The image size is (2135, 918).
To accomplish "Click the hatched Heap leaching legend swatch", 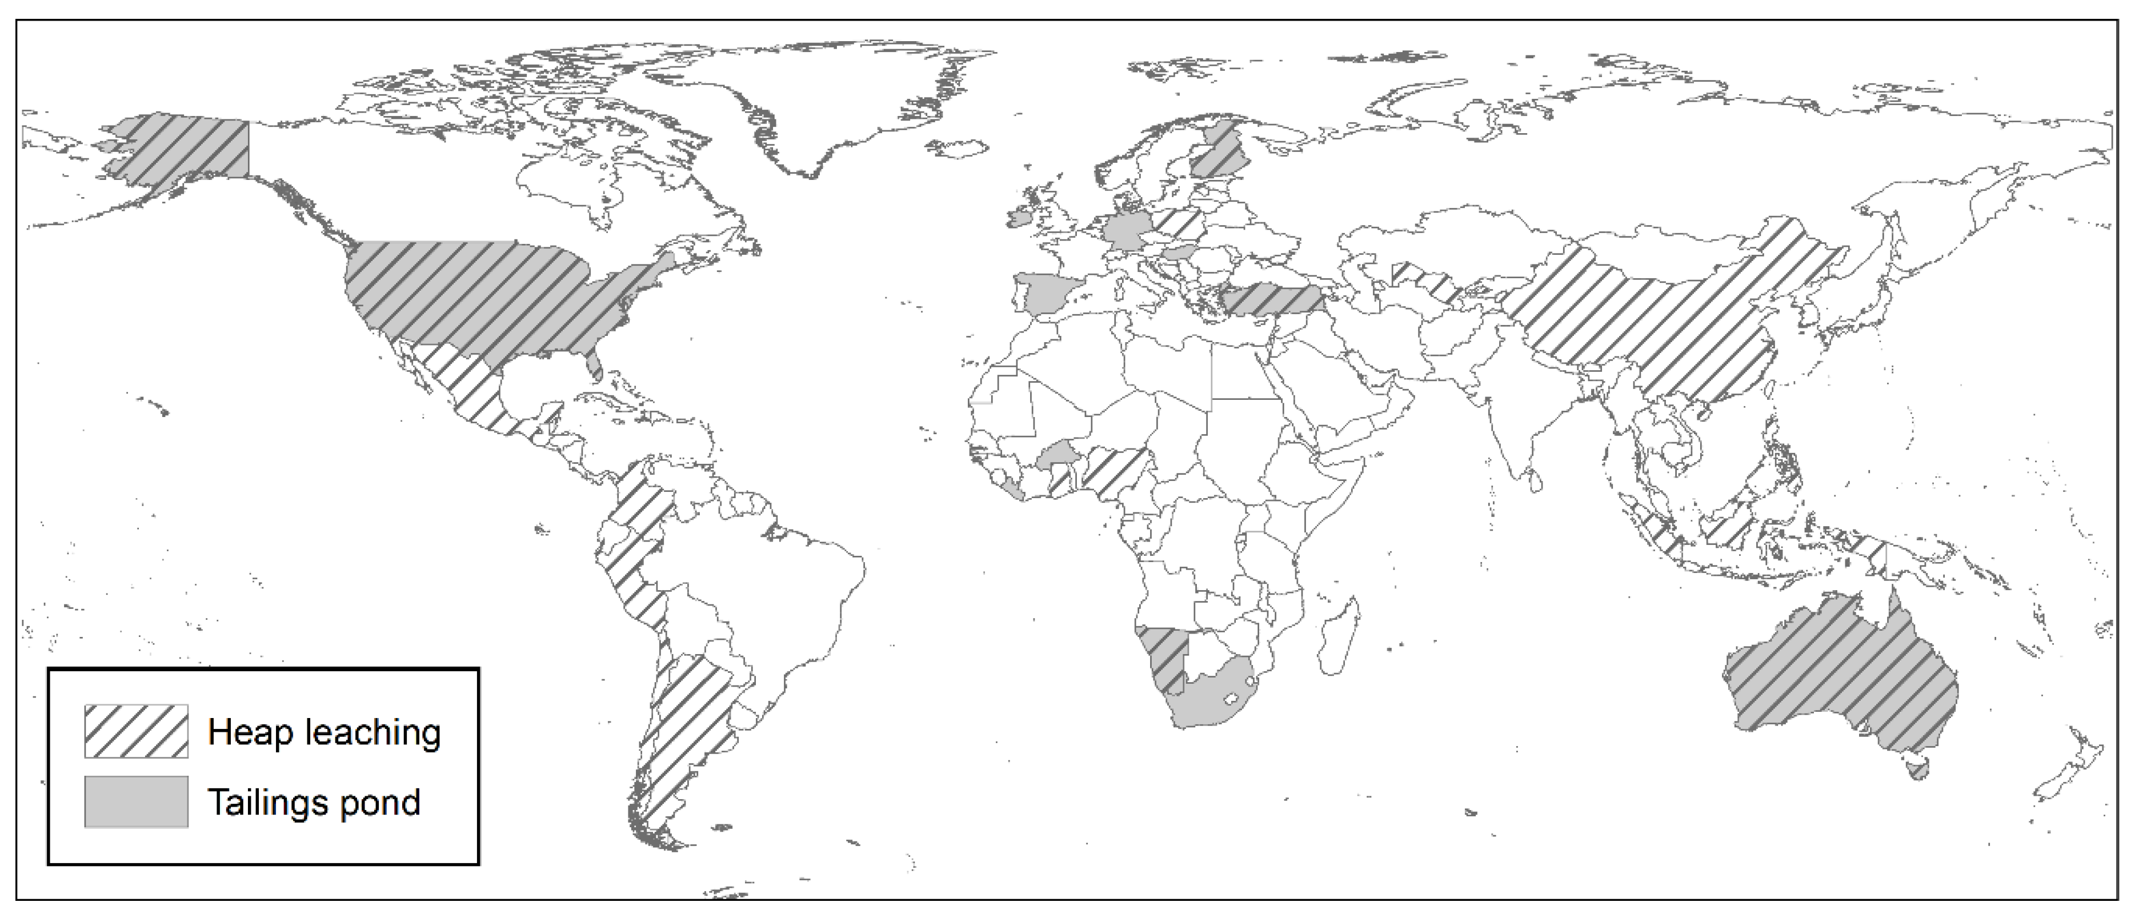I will (x=136, y=731).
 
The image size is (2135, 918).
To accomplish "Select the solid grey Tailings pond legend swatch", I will (x=136, y=801).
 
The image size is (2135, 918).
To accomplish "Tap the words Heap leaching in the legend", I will (x=324, y=732).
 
